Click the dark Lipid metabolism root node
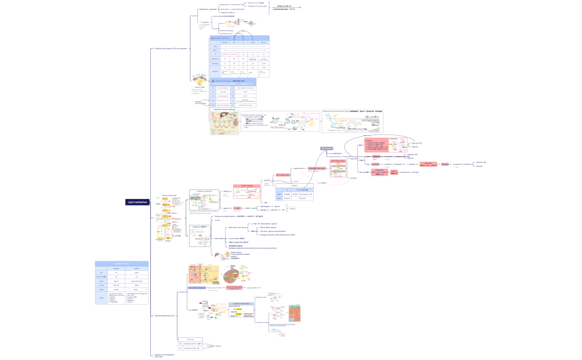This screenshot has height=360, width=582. click(x=137, y=202)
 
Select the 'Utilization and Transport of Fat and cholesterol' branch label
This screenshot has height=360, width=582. click(x=171, y=49)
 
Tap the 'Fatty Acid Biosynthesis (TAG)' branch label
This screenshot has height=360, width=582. click(x=165, y=315)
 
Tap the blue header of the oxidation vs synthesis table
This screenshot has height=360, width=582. click(x=121, y=264)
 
